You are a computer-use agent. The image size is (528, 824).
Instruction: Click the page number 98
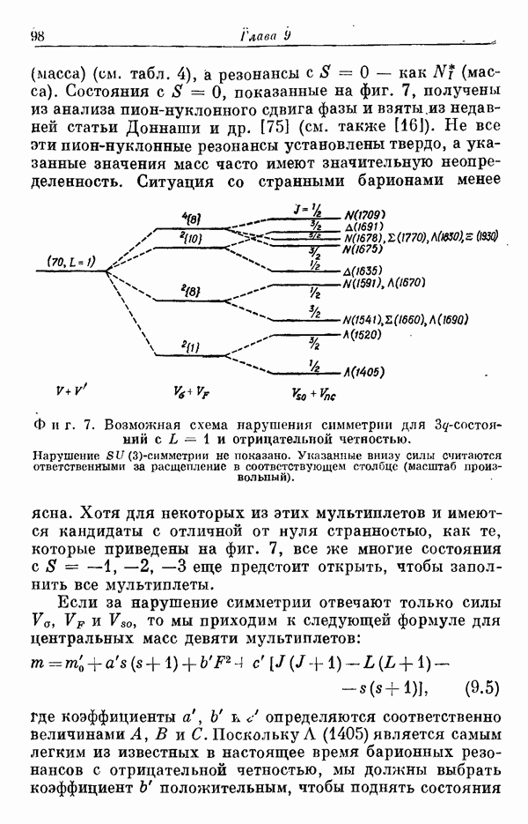point(38,35)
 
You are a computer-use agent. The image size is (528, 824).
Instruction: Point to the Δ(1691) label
point(364,227)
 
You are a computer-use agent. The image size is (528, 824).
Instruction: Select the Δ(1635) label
point(363,271)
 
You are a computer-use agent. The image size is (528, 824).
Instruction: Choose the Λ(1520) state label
point(363,335)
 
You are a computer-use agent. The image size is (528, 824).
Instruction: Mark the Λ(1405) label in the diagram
point(365,373)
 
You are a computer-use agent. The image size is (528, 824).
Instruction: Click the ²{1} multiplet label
point(187,345)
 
